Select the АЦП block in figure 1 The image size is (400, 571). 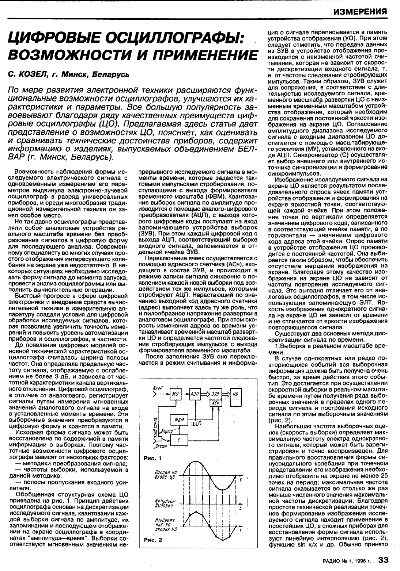pos(195,394)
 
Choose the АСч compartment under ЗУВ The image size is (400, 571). pos(215,403)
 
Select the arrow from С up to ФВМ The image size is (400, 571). pos(180,430)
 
